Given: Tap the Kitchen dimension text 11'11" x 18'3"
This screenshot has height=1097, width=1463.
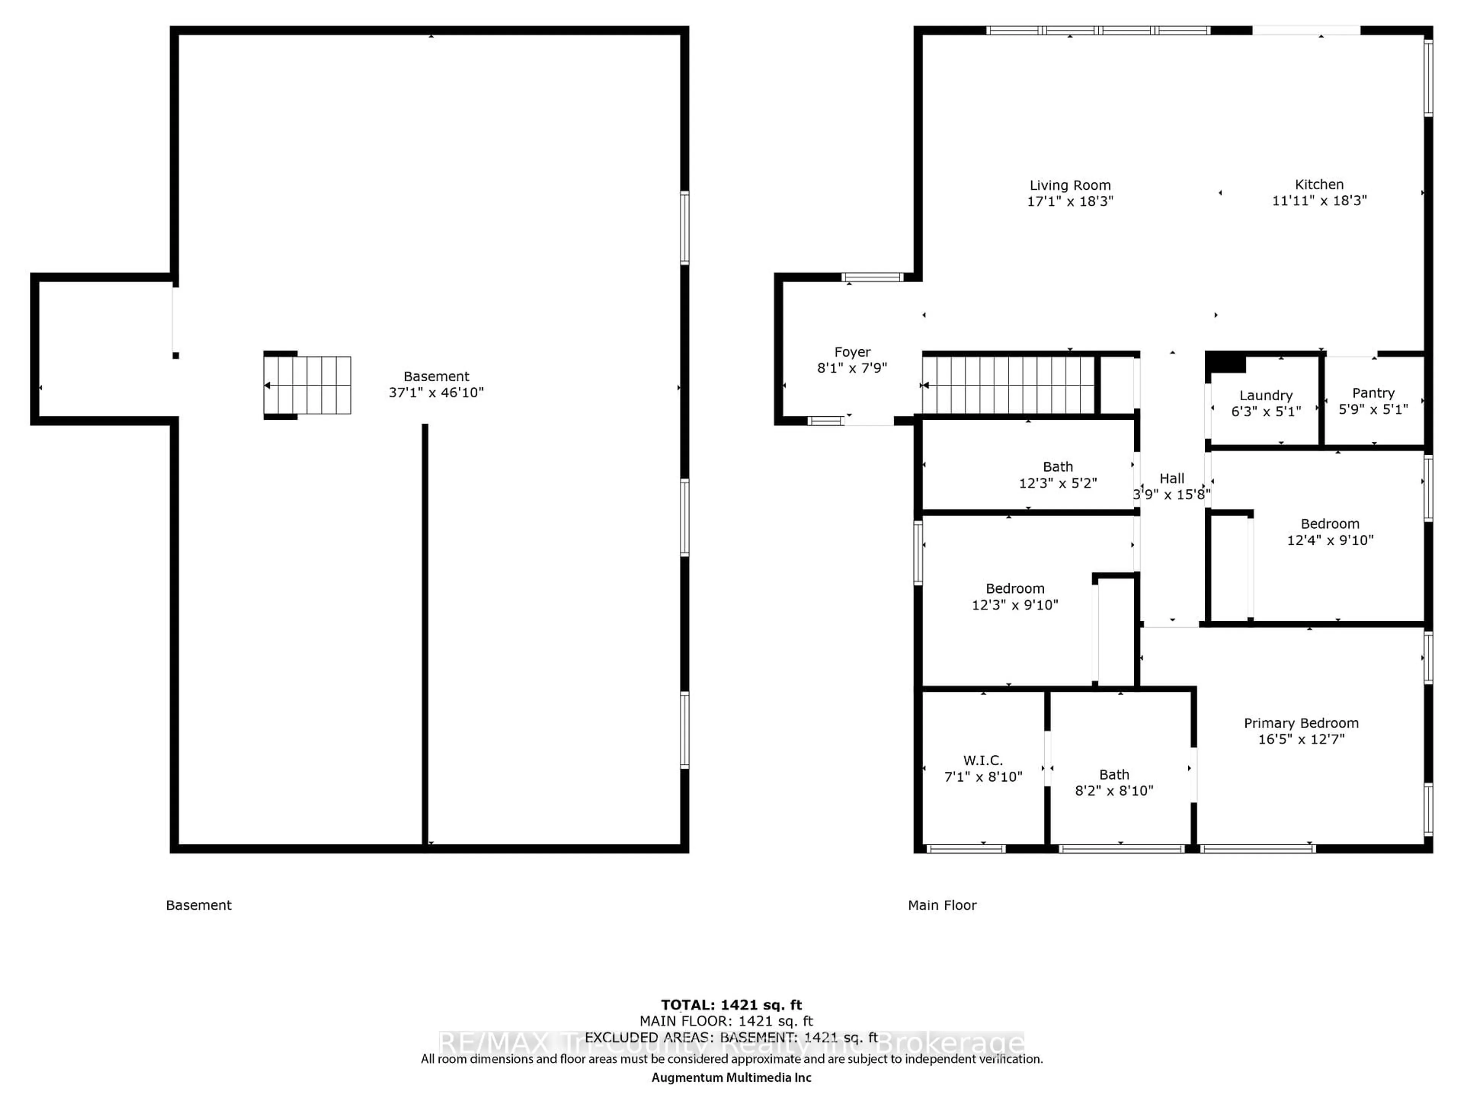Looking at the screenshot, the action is tap(1319, 200).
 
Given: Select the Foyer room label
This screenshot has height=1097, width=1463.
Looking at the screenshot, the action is tap(853, 352).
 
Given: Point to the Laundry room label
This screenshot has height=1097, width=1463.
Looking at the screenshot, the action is tap(1266, 395).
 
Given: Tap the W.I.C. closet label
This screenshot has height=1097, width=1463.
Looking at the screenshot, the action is tap(983, 760).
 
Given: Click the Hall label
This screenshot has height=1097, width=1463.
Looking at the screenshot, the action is tap(1172, 478).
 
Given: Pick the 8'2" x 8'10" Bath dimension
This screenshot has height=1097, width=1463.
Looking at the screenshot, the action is tap(1114, 791).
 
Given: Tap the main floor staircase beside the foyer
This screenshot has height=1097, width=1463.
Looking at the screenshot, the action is tap(1008, 385).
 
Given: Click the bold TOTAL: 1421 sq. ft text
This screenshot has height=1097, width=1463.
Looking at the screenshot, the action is tap(731, 1006).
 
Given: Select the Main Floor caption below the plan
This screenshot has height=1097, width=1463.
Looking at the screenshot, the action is tap(942, 905).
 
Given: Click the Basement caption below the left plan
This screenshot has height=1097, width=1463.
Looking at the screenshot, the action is tap(198, 905).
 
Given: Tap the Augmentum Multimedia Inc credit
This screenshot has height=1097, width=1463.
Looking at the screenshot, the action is tap(731, 1078).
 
